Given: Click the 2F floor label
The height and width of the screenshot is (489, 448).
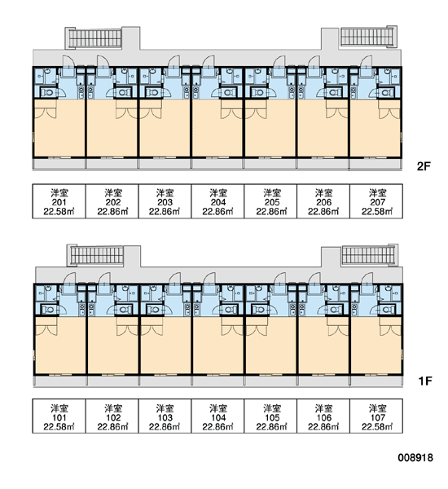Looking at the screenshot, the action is pos(424,166).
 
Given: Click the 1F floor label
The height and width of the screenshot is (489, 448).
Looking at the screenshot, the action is pos(424,381).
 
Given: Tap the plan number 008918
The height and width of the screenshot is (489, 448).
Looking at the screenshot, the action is pos(415,458).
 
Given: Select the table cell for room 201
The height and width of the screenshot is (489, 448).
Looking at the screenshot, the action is pos(59,201).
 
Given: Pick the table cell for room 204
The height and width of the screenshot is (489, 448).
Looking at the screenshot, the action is pos(217,201).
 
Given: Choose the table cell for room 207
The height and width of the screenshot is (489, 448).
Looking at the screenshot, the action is pos(376,201).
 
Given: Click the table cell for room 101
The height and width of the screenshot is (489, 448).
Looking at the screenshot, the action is pos(59,416).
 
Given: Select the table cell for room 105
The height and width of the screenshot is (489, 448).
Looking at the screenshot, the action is pos(270,416).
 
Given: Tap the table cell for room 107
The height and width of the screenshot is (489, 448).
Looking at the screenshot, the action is pos(376,416).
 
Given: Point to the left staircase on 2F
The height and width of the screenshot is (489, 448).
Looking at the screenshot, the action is pos(94,37).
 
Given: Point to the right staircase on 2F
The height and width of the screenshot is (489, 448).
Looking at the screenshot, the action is pos(368,37).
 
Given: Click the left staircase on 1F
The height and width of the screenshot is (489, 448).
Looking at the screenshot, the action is pos(96,255).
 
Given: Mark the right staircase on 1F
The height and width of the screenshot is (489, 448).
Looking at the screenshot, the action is pos(370,254).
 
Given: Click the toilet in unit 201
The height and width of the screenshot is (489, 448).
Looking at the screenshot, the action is pos(48,93).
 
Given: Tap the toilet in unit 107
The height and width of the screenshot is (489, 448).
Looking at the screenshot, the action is pos(387,310).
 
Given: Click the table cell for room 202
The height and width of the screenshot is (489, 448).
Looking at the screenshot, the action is pos(112,201).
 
